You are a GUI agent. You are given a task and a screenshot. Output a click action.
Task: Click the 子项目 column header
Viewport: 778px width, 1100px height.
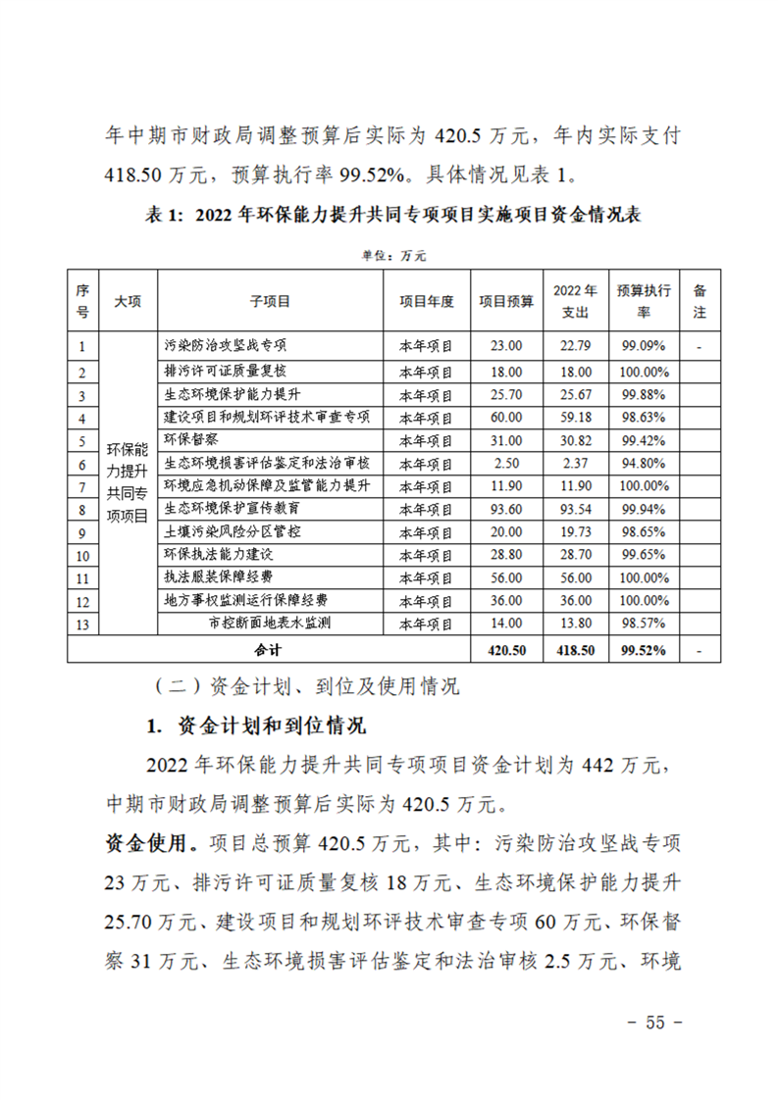pyautogui.click(x=269, y=302)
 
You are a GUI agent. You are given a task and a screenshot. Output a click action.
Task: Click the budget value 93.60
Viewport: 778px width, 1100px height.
pyautogui.click(x=507, y=509)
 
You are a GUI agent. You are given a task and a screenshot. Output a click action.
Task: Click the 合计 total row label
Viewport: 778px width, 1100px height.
pyautogui.click(x=269, y=649)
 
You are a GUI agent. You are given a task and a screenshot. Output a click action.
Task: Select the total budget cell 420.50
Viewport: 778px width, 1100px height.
pyautogui.click(x=507, y=649)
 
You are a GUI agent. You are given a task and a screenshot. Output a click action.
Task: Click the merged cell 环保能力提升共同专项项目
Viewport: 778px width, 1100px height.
pyautogui.click(x=127, y=485)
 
